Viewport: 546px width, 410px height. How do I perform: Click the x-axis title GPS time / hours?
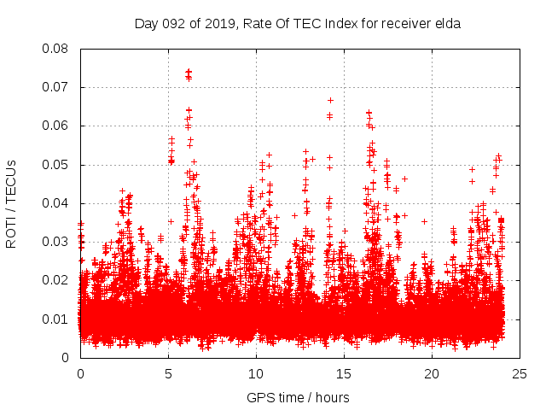point(298,397)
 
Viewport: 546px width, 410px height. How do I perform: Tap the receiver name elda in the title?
point(446,24)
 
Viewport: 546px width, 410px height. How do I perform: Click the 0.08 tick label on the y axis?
point(57,49)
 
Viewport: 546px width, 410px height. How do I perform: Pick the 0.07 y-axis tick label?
point(57,87)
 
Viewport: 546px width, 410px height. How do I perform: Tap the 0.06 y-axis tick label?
point(57,126)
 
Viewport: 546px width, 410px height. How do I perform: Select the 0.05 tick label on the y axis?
point(57,164)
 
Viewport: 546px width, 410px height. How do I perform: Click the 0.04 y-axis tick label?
point(57,203)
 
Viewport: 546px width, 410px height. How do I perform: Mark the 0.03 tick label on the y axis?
point(57,242)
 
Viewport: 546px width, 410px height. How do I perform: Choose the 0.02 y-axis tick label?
point(57,280)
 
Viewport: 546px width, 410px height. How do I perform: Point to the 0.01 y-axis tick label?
point(57,319)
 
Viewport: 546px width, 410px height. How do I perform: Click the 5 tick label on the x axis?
point(168,373)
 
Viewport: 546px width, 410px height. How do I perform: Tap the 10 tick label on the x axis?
point(256,373)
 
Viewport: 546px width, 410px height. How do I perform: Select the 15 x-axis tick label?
point(344,373)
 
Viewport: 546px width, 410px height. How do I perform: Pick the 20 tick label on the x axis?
point(432,373)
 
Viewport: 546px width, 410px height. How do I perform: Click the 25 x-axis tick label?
point(520,373)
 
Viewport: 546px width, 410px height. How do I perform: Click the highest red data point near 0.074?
point(189,72)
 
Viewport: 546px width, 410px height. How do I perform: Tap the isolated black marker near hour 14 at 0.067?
point(330,100)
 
